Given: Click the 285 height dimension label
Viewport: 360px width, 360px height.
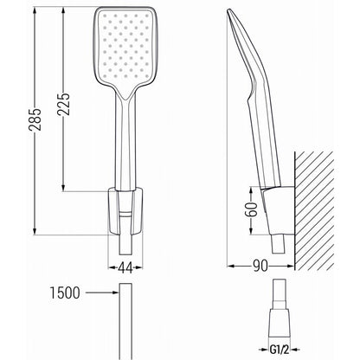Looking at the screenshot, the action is click(35, 119).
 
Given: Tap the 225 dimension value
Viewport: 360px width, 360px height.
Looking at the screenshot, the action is click(63, 104).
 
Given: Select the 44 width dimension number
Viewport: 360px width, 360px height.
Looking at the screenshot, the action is click(125, 268).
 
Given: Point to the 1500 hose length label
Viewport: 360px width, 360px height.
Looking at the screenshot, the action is click(65, 292).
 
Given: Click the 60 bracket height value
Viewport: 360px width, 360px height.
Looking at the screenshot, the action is click(251, 209).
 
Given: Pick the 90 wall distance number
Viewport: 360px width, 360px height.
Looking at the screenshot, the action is click(260, 266).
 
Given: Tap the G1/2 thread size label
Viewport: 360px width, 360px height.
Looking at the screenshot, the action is click(280, 350).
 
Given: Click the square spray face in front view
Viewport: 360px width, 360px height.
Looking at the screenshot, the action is click(125, 46).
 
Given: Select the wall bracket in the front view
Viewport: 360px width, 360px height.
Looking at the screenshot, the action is click(125, 210).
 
